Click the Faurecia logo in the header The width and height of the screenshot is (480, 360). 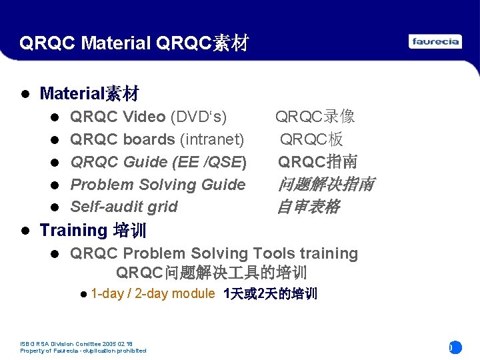click(x=435, y=42)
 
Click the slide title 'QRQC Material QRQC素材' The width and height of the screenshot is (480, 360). click(x=134, y=44)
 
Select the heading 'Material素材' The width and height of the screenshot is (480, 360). click(x=89, y=93)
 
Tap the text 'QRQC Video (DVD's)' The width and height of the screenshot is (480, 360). click(x=148, y=117)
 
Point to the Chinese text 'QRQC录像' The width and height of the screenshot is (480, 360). click(x=315, y=117)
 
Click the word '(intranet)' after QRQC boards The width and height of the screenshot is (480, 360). click(x=211, y=139)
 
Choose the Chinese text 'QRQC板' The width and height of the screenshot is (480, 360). click(x=311, y=139)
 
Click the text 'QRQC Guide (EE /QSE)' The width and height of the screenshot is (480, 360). click(x=158, y=162)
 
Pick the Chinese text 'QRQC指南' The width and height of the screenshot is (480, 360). click(x=317, y=162)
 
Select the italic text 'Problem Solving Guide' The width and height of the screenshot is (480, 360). click(x=157, y=185)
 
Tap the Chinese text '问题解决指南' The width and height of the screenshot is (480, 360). click(x=325, y=185)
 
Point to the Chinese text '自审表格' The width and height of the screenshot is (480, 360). click(x=308, y=207)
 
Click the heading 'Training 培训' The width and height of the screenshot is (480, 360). click(x=93, y=231)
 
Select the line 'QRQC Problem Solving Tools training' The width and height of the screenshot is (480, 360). click(x=213, y=253)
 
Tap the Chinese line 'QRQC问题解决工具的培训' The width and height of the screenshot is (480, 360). click(x=211, y=273)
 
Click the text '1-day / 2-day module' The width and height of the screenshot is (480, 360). click(x=153, y=294)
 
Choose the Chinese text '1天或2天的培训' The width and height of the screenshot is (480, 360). click(x=271, y=294)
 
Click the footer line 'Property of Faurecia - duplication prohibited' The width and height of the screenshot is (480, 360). click(x=83, y=351)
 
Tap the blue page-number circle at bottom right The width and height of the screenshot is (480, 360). click(x=455, y=347)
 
